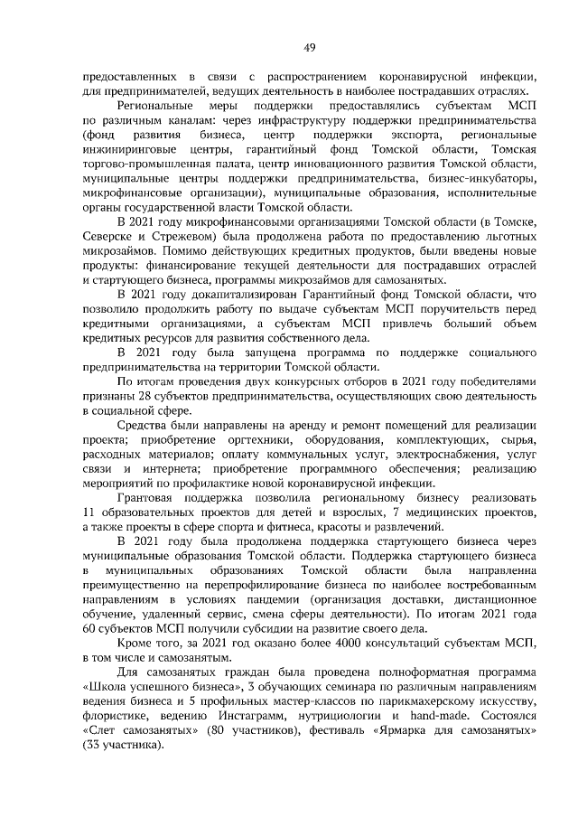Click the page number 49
309,47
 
